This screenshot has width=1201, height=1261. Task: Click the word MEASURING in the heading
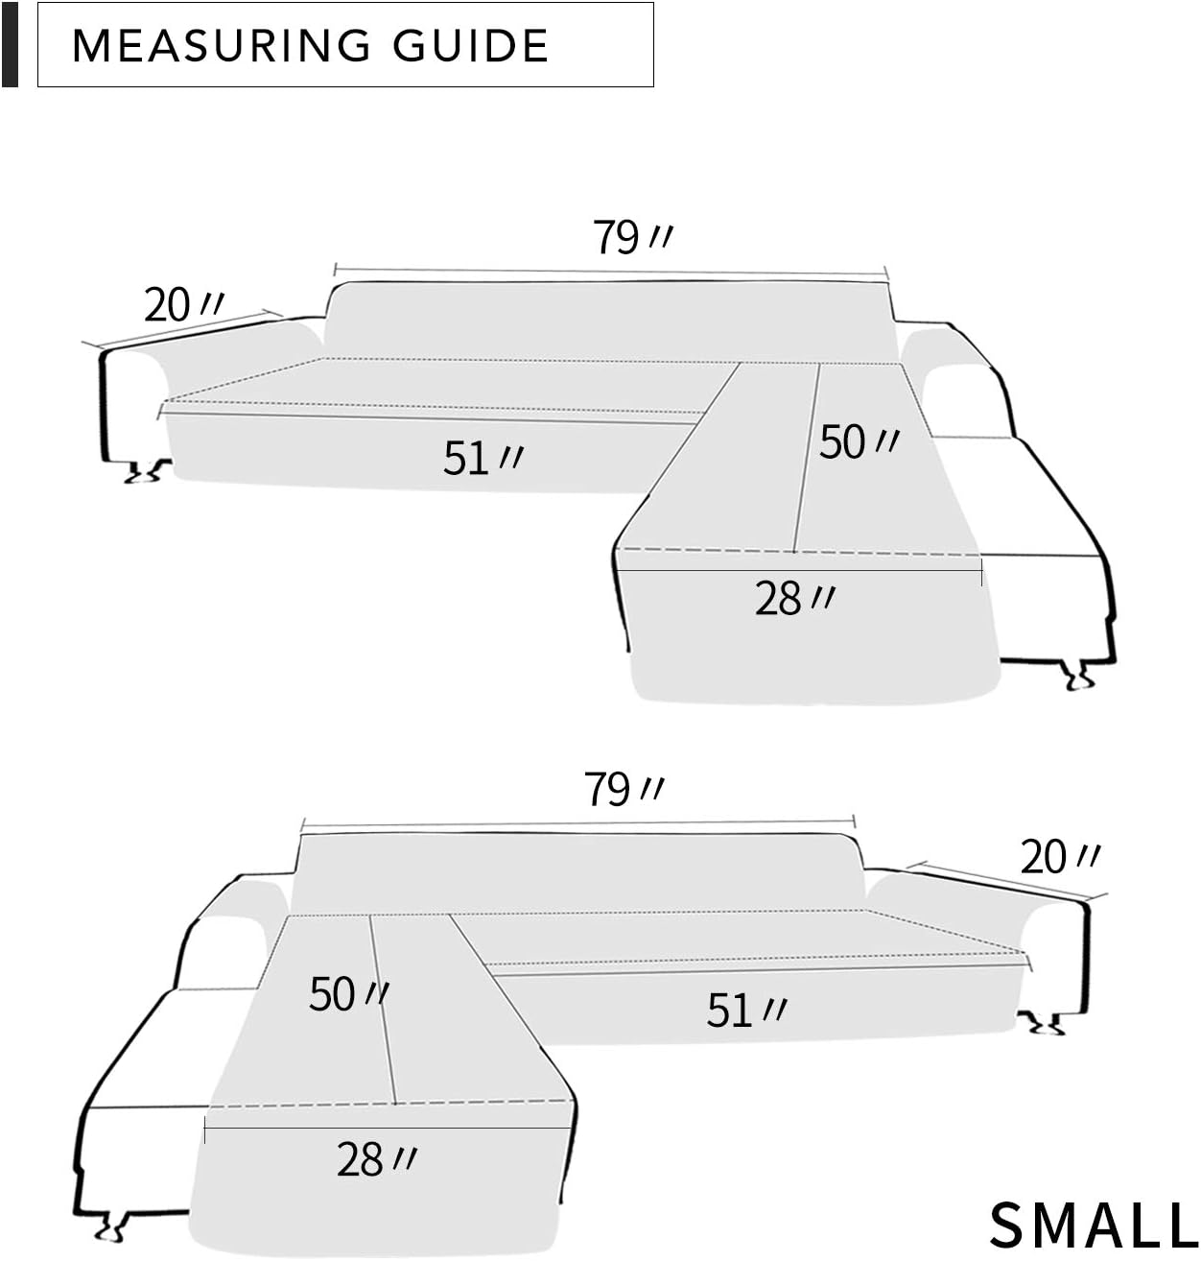[x=221, y=46]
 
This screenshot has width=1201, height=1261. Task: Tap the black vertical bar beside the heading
[x=10, y=44]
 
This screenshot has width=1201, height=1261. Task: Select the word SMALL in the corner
[x=1093, y=1225]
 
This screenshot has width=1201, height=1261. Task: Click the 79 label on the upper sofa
[x=630, y=236]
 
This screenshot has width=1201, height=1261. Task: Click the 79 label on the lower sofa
[x=623, y=790]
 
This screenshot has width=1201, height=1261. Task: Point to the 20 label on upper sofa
[x=182, y=305]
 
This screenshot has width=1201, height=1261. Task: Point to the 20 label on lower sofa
[x=1059, y=856]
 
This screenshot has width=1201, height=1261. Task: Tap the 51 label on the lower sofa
[x=745, y=1011]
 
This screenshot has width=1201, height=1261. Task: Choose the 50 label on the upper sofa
[x=858, y=441]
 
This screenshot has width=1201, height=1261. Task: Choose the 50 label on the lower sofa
[x=347, y=993]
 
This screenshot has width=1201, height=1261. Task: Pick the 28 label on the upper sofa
[x=793, y=599]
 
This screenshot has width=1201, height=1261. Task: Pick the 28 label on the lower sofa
[x=375, y=1159]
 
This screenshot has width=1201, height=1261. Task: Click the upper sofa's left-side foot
[x=144, y=470]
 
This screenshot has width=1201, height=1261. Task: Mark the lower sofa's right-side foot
[x=1043, y=1023]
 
